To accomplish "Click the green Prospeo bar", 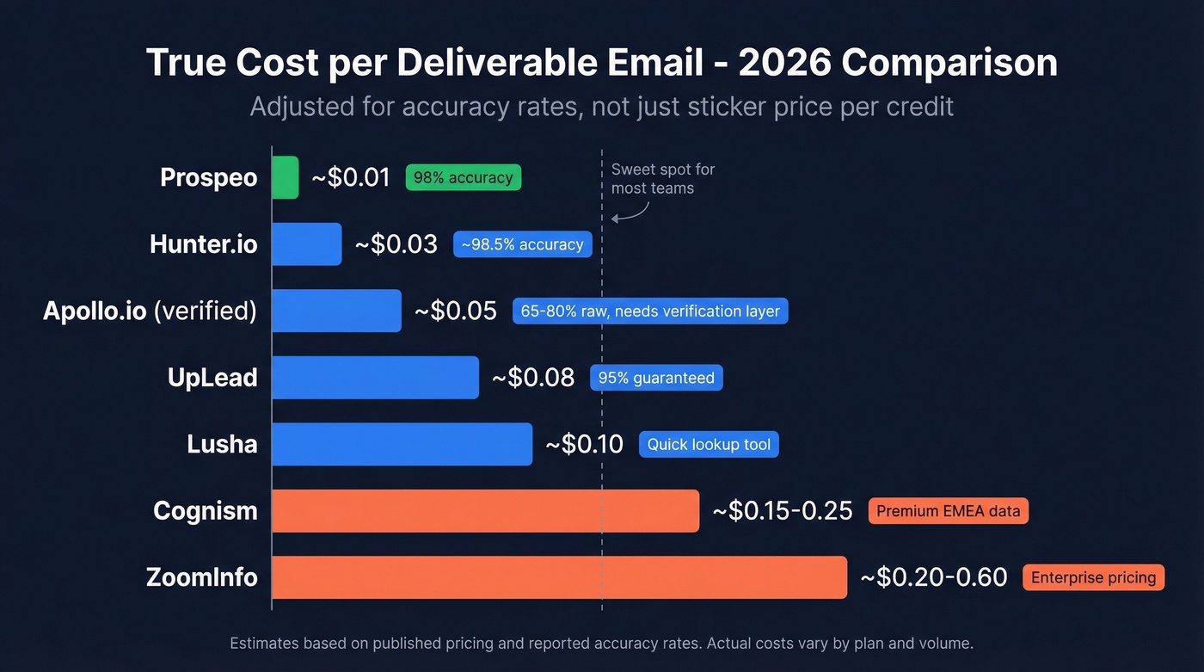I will point(285,177).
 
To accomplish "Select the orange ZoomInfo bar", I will point(559,577).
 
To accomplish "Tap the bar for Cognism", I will point(485,511).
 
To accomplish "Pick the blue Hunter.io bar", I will point(306,244).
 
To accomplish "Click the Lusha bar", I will point(402,444).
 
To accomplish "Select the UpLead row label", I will point(212,378).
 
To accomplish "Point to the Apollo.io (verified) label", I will point(150,311).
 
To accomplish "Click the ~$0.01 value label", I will point(351,177).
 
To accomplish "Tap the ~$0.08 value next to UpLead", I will point(533,378).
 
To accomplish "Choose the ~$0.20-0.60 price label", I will point(934,577).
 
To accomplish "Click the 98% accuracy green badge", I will point(463,177).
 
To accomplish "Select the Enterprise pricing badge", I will point(1093,577).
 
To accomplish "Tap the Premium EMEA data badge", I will point(948,511).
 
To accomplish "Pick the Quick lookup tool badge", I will point(709,444).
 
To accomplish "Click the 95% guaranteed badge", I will point(656,378).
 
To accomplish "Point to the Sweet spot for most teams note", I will point(662,179).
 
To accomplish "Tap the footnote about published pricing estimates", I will point(601,643).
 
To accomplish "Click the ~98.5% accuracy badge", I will point(522,244).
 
